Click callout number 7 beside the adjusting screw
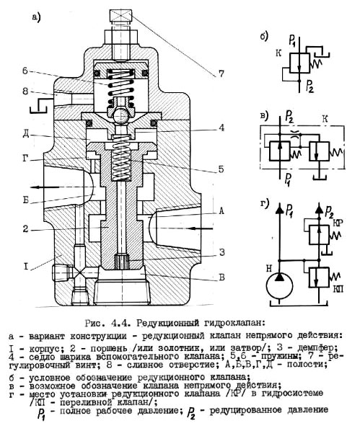pyautogui.click(x=221, y=74)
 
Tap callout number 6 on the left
pyautogui.click(x=25, y=71)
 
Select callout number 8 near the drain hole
pyautogui.click(x=25, y=92)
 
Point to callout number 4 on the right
pyautogui.click(x=221, y=128)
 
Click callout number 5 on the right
pyautogui.click(x=221, y=169)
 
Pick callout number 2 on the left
pyautogui.click(x=25, y=229)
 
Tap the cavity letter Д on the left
pyautogui.click(x=26, y=134)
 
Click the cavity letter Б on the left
pyautogui.click(x=26, y=201)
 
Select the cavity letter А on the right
pyautogui.click(x=221, y=211)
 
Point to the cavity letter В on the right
pyautogui.click(x=221, y=277)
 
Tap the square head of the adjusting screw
pyautogui.click(x=120, y=16)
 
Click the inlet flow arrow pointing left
pyautogui.click(x=201, y=228)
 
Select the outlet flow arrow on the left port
pyautogui.click(x=48, y=187)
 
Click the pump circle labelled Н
pyautogui.click(x=279, y=287)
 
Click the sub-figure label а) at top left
pyautogui.click(x=35, y=17)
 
